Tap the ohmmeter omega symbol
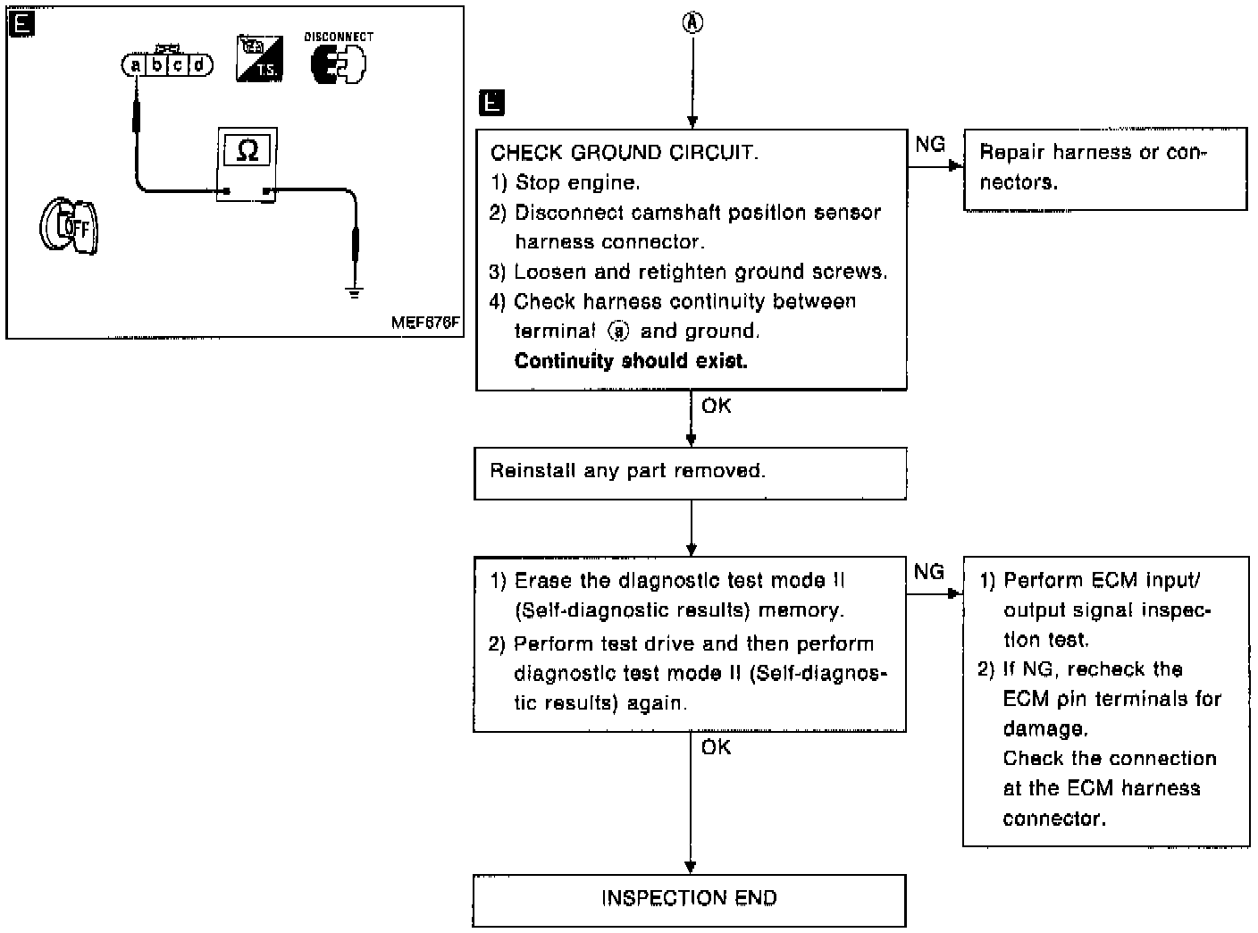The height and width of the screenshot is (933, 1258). pos(247,150)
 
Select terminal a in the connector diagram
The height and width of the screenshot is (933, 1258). pos(135,65)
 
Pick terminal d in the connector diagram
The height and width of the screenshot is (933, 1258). pos(199,65)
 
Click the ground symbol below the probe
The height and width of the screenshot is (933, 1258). pos(355,291)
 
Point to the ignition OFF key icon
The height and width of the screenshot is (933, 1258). pos(69,225)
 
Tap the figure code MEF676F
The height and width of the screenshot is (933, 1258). pos(425,323)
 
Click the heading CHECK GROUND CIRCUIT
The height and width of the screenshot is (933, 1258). pos(624,153)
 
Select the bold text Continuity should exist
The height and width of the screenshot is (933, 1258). pos(631,361)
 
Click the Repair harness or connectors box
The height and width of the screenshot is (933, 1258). pos(1104,168)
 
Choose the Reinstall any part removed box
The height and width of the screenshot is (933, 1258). pos(690,472)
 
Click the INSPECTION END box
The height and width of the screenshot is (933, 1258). pos(689,899)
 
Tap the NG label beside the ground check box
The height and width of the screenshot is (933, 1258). pos(930,144)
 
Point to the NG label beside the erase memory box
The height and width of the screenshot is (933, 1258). pos(929,572)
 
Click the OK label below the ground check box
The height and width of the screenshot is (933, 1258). pos(717,407)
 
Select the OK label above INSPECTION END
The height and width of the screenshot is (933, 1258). pos(717,747)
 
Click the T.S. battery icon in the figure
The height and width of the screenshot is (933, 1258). pos(259,59)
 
